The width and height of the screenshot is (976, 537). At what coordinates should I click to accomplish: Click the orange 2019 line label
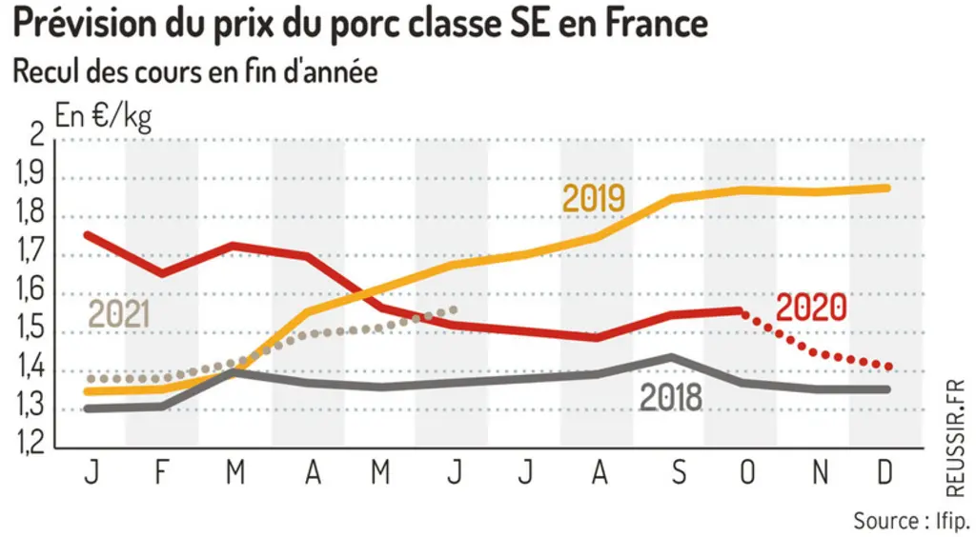593,198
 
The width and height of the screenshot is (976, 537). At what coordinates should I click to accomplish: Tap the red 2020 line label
812,307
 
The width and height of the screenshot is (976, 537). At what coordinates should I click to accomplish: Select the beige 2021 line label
119,314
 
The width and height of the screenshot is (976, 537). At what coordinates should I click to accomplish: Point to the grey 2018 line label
671,397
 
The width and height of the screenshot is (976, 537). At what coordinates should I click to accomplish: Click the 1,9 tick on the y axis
30,174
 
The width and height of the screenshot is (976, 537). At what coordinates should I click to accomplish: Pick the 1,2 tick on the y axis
30,443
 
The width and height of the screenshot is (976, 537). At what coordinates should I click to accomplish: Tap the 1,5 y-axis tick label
30,328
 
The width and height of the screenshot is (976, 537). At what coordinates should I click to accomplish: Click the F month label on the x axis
162,472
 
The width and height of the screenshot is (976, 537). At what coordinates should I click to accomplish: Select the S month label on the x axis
679,472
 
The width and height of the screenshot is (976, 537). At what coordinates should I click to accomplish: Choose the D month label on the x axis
884,472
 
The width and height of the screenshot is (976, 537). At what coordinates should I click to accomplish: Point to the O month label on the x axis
747,472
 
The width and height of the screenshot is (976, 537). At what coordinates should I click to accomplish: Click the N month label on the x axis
821,472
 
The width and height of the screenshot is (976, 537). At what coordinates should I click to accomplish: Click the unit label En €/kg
103,116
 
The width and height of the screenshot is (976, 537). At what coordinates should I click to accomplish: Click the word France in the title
656,24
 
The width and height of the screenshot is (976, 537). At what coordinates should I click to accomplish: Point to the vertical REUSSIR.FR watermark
955,439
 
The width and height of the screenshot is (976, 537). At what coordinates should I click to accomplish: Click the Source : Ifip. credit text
910,521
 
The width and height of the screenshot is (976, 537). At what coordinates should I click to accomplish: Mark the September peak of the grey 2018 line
671,357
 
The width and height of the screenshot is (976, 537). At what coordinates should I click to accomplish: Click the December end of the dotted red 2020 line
887,367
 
